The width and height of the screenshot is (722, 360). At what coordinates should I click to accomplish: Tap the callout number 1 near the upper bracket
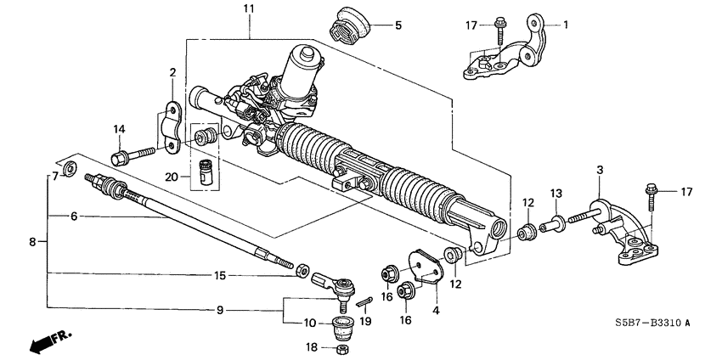[567, 25]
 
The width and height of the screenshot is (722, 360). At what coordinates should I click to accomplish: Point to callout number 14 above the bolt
[120, 129]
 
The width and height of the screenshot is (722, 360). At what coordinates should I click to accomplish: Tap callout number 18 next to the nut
[310, 347]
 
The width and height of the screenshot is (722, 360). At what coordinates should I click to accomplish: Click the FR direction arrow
[49, 340]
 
